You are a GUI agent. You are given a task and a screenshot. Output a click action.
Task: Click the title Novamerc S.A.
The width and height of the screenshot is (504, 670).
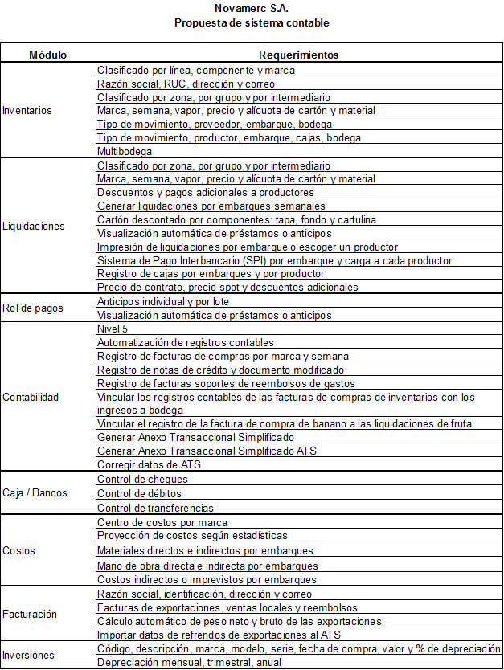[x=252, y=8]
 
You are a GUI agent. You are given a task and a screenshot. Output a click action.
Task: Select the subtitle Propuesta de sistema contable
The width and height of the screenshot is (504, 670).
[x=252, y=22]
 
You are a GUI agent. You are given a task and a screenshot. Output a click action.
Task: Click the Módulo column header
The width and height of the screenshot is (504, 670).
[x=48, y=55]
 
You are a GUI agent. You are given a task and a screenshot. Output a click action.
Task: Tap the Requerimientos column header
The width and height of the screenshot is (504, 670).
[x=298, y=55]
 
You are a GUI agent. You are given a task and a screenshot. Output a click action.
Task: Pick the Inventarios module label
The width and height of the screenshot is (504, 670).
[x=27, y=110]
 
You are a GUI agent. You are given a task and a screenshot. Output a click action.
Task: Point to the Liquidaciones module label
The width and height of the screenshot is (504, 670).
[x=34, y=227]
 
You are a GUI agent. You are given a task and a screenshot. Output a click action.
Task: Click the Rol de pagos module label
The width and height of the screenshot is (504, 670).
[x=32, y=308]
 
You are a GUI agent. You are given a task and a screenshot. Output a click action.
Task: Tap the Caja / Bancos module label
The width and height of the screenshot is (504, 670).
[x=35, y=492]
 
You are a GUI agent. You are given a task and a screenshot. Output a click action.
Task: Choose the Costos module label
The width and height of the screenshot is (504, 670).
[x=18, y=551]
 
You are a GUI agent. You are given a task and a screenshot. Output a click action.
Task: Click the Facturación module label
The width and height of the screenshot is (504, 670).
[x=30, y=614]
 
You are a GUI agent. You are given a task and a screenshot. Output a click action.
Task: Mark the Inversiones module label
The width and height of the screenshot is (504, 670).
[x=29, y=655]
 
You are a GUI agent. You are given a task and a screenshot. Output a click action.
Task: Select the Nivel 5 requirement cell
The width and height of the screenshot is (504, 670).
[x=112, y=329]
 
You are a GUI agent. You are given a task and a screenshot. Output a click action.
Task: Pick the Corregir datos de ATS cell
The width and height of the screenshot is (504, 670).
[x=150, y=464]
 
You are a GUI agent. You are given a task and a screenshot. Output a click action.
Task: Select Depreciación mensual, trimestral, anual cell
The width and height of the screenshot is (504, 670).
[x=190, y=662]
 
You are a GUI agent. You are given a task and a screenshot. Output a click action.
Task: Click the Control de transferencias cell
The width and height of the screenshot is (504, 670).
[x=155, y=508]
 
